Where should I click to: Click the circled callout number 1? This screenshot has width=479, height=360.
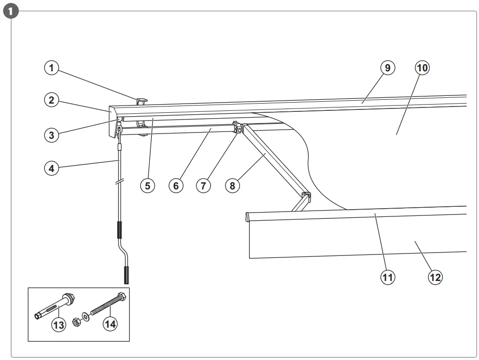(x=52, y=68)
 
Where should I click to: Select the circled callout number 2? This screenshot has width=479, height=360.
(x=52, y=100)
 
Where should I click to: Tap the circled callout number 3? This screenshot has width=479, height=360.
(x=52, y=135)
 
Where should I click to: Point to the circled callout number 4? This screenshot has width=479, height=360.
(x=52, y=168)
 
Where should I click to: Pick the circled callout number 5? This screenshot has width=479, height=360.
(x=148, y=185)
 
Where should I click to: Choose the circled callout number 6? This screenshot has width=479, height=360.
(x=176, y=185)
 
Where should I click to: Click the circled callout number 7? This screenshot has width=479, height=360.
(x=204, y=185)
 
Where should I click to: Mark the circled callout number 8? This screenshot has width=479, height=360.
(x=232, y=185)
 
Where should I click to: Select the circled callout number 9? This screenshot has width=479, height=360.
(x=387, y=68)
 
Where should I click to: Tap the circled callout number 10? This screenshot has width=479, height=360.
(x=422, y=68)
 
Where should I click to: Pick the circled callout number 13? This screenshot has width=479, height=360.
(x=59, y=325)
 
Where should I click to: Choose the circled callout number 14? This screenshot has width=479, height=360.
(x=110, y=324)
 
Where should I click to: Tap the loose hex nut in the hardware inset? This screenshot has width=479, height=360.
(x=76, y=321)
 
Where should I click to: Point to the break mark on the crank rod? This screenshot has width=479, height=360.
(x=119, y=183)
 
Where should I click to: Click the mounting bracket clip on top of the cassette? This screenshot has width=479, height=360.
(x=142, y=101)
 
